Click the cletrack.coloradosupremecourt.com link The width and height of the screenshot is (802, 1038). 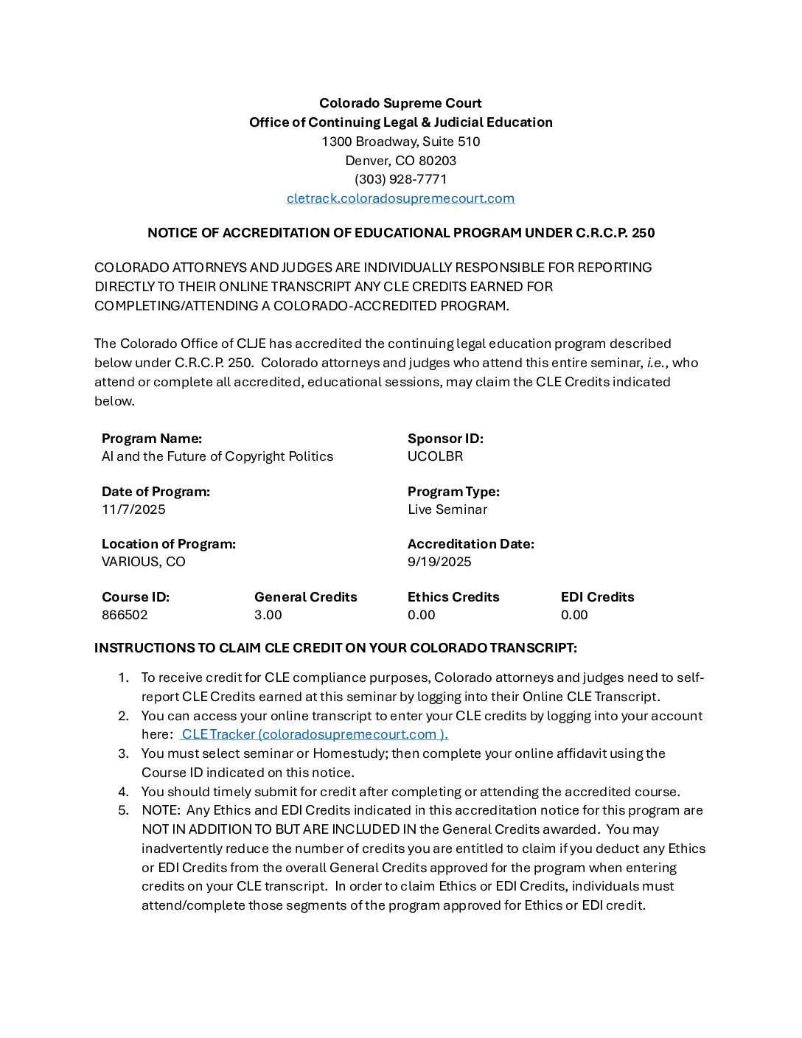(x=400, y=198)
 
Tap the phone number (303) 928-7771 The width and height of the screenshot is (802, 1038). (x=400, y=179)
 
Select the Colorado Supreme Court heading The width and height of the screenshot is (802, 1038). (x=400, y=103)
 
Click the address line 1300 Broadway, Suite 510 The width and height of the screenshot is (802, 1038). (x=400, y=142)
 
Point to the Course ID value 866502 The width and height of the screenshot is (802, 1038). (x=125, y=615)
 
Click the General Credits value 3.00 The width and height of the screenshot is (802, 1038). (x=268, y=615)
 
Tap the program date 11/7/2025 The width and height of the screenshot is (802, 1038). (x=133, y=509)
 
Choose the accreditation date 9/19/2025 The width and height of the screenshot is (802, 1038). (x=439, y=562)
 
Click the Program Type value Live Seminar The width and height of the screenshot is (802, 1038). (x=447, y=509)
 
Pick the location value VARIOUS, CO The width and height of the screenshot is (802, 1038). (x=144, y=562)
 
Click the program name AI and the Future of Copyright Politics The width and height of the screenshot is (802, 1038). (x=217, y=456)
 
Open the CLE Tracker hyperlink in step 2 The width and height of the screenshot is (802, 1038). (x=315, y=734)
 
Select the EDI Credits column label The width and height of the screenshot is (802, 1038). (x=597, y=597)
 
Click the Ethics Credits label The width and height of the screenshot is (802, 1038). (x=453, y=597)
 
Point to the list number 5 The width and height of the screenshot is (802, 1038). (x=124, y=810)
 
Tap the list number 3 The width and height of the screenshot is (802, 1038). (x=124, y=753)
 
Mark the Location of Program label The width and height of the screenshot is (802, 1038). (x=169, y=544)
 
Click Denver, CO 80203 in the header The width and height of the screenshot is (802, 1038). (x=400, y=161)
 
